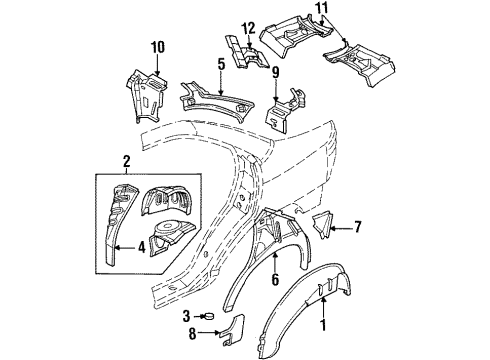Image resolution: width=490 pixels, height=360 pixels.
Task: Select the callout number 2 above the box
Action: (126, 161)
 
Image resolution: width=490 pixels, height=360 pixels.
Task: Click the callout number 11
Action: (319, 9)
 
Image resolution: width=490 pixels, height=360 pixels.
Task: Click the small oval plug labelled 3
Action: (211, 316)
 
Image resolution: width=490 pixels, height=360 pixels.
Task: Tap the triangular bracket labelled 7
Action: (327, 228)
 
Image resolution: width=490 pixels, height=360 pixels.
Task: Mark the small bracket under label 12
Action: (243, 56)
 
